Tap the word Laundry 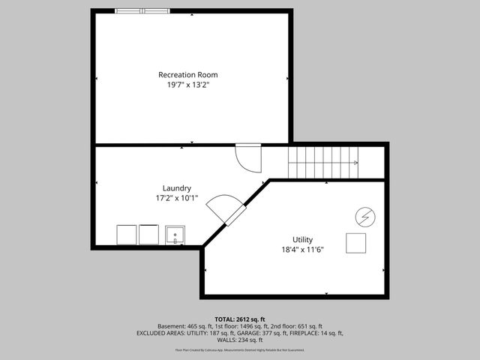coord(177,187)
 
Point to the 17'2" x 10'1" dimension coord(177,198)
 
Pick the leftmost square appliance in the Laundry coord(126,235)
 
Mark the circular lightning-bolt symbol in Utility coord(364,216)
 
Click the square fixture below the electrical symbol coord(355,243)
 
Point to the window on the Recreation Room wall coord(142,11)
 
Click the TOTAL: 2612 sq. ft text coord(240,319)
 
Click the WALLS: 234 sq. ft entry coord(240,340)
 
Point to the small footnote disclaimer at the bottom coord(240,349)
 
